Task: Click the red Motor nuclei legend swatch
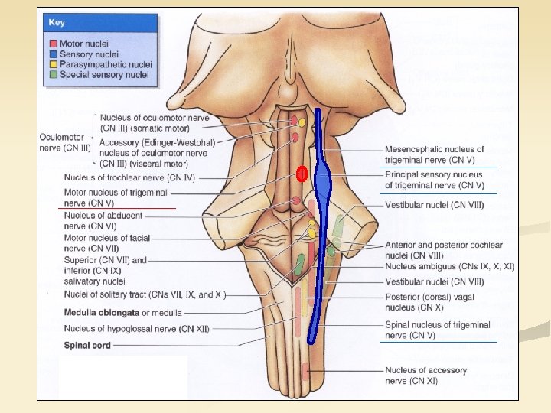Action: [54, 44]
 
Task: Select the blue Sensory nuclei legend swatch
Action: [54, 54]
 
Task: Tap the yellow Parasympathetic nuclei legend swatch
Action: [54, 64]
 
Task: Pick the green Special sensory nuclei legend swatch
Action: [54, 74]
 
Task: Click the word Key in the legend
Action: [57, 23]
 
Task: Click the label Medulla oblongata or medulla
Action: [122, 312]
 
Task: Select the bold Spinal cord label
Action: [86, 345]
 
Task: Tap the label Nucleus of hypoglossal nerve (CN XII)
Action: [136, 329]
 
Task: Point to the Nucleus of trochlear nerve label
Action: [129, 177]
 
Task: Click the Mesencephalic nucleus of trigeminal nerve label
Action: [434, 154]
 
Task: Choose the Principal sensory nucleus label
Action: [433, 180]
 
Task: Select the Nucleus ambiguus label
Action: [450, 266]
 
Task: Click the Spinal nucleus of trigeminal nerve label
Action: [437, 330]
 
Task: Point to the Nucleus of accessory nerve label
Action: [425, 376]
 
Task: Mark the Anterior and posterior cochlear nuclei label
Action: [444, 249]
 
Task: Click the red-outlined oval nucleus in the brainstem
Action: [302, 174]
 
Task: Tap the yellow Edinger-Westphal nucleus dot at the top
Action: [302, 122]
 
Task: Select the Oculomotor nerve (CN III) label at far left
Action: [65, 142]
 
